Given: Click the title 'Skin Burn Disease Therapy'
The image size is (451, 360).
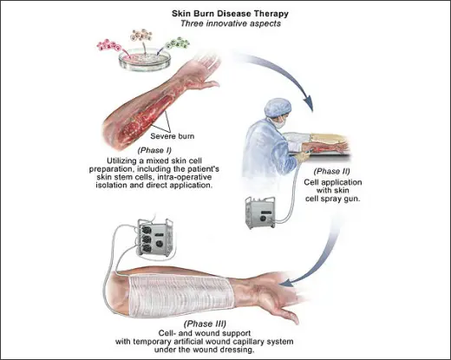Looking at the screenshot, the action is [x=230, y=14].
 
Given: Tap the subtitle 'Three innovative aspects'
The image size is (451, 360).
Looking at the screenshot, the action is [x=231, y=23].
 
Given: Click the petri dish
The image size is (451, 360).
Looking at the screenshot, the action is [x=145, y=60].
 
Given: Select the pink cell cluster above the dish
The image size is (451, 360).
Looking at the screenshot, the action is [x=109, y=45].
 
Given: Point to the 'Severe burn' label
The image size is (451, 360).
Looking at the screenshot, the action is [x=173, y=136].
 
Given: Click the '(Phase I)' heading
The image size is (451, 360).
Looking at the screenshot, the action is [x=154, y=150].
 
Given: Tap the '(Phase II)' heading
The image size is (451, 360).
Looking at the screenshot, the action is [x=331, y=172].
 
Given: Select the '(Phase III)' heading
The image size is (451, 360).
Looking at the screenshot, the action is [x=205, y=324].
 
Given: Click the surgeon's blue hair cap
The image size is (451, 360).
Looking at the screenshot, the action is [x=278, y=107].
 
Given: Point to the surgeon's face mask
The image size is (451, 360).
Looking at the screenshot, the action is [x=280, y=122].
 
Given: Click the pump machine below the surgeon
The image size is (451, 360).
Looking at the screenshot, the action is [x=260, y=213].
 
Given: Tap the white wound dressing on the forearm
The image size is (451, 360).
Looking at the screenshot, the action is [x=181, y=297].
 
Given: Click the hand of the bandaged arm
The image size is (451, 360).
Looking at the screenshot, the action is [x=276, y=301].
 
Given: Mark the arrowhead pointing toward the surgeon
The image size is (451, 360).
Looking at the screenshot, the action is [x=308, y=103].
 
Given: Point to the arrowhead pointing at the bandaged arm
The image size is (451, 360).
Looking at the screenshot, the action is [x=287, y=283].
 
